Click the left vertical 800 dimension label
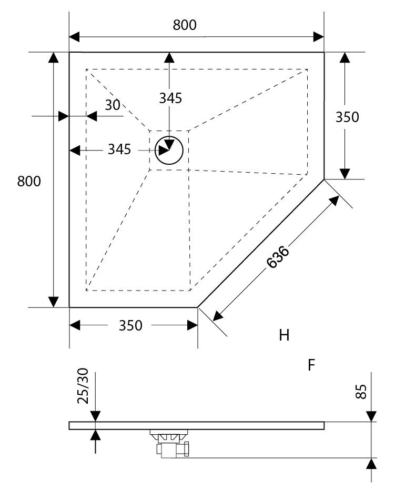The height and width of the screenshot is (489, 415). [29, 181]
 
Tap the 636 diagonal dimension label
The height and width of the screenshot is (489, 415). [278, 257]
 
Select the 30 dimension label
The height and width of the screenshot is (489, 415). [113, 105]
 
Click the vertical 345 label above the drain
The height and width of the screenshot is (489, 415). [170, 98]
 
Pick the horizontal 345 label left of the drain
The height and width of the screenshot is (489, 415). [119, 149]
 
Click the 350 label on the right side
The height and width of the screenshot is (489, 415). [347, 117]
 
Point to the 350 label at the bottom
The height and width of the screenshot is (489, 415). [130, 326]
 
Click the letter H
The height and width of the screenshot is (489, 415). [284, 335]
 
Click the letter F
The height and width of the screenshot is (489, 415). [311, 365]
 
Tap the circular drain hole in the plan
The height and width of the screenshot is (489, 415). [169, 151]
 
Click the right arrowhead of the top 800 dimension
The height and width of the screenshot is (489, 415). [318, 36]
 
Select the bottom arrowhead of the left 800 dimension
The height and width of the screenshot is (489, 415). [53, 301]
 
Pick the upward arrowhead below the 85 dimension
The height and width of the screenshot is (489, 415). [371, 463]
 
